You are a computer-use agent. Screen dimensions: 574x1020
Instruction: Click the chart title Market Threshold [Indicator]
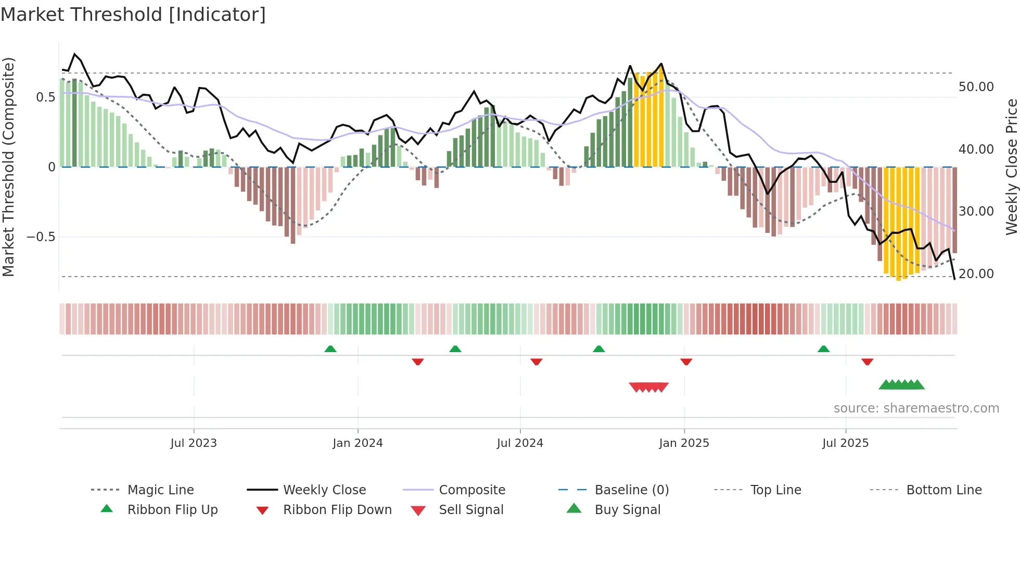coord(133,15)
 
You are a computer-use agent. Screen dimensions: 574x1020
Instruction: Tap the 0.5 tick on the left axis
coord(45,97)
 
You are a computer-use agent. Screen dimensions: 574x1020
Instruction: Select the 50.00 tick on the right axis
coord(976,87)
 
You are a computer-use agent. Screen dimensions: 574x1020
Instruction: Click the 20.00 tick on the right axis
coord(976,274)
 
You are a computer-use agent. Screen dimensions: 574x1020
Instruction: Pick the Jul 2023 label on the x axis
coord(194,443)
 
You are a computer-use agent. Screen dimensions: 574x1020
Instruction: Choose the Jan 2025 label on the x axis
coord(684,443)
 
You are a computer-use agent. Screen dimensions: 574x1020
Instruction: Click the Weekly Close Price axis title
coord(1011,167)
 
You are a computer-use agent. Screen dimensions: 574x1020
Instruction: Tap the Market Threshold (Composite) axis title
coord(8,167)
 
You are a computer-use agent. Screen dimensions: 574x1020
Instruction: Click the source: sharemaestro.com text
coord(916,408)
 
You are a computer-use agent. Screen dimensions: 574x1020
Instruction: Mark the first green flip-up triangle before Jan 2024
coord(330,349)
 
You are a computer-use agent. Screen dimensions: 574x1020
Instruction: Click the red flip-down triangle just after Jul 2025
coord(867,361)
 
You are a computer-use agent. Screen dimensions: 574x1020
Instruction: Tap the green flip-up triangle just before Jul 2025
coord(823,349)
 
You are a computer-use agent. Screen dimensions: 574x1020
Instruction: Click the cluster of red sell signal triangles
coord(648,387)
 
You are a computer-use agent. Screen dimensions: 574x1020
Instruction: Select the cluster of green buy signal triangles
coord(901,385)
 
